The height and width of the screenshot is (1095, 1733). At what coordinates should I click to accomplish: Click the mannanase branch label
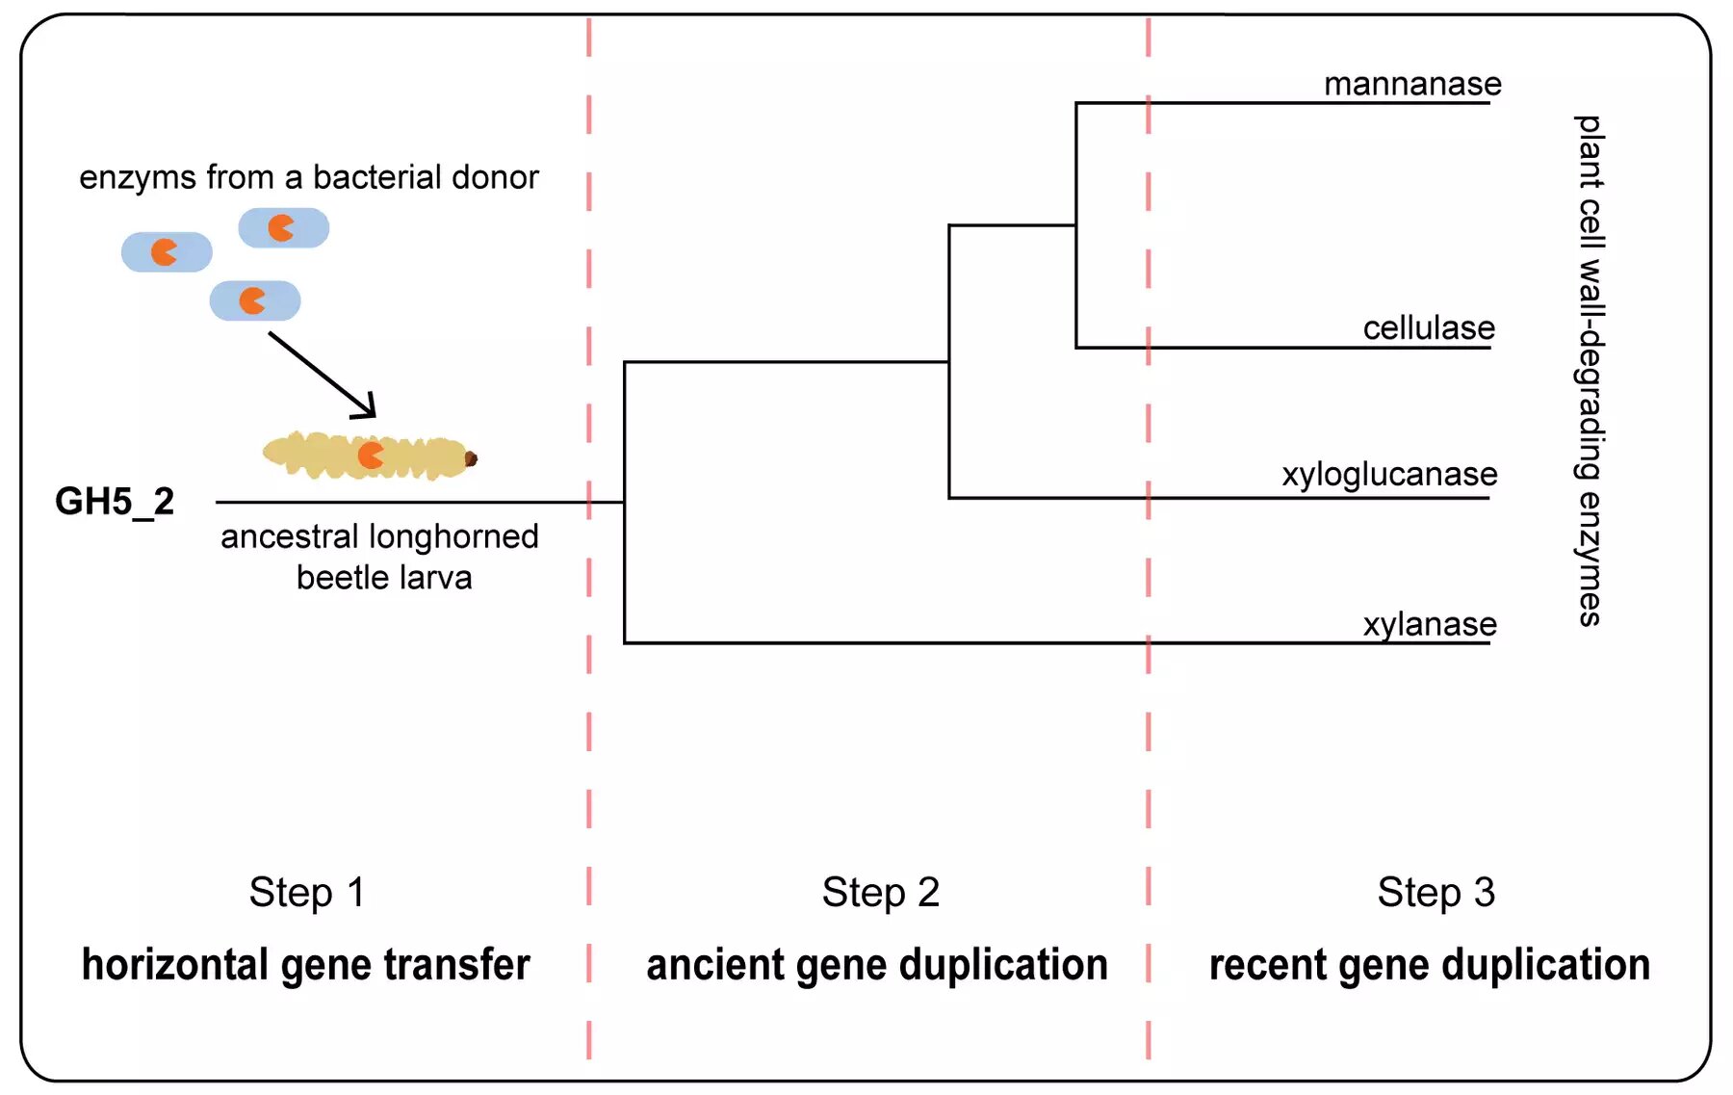(1412, 85)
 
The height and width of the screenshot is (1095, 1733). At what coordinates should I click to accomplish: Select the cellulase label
(1429, 328)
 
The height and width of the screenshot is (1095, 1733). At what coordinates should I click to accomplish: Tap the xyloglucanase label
(1389, 475)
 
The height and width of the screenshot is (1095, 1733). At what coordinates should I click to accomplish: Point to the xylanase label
(1430, 625)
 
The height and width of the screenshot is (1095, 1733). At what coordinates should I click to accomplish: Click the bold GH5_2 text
(115, 502)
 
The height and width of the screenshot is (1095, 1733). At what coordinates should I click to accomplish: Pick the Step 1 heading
(307, 892)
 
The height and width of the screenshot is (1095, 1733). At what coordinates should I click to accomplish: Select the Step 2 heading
(880, 892)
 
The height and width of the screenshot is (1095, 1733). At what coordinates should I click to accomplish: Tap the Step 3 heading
(1436, 892)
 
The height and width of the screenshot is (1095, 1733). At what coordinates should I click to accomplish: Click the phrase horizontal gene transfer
(305, 965)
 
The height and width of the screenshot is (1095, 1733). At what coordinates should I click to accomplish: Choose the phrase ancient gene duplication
(877, 965)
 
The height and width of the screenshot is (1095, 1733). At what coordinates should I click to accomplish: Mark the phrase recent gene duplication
(1429, 965)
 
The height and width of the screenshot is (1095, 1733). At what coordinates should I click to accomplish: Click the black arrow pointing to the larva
(323, 376)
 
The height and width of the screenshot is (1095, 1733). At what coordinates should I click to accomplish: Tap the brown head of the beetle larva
(471, 459)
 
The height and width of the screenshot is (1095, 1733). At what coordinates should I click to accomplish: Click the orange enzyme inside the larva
(371, 455)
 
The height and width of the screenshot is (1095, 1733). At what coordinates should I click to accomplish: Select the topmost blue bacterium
(283, 228)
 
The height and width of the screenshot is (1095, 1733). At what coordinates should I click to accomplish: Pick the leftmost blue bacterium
(167, 252)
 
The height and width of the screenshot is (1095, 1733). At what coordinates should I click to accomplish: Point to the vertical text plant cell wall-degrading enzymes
(1590, 371)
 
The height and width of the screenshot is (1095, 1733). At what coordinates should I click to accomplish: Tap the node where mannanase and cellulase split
(1075, 225)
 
